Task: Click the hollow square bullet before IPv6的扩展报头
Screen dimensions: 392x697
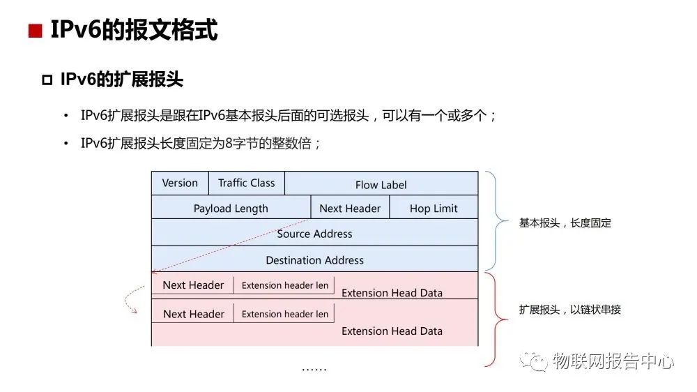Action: pyautogui.click(x=47, y=80)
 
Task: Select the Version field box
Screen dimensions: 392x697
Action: pyautogui.click(x=180, y=183)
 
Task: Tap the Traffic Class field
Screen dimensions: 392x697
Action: pyautogui.click(x=247, y=183)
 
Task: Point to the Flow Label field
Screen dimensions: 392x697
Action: pyautogui.click(x=381, y=185)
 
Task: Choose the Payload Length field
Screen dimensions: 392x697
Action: pyautogui.click(x=231, y=208)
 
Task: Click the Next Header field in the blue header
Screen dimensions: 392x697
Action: pyautogui.click(x=350, y=208)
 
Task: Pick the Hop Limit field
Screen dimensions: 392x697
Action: pyautogui.click(x=434, y=208)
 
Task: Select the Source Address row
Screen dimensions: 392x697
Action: pyautogui.click(x=314, y=234)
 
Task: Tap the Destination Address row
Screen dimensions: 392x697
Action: pyautogui.click(x=314, y=260)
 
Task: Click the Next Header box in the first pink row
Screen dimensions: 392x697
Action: pyautogui.click(x=193, y=285)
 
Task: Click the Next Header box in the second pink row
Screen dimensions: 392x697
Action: pyautogui.click(x=193, y=314)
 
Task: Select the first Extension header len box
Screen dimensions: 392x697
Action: pyautogui.click(x=284, y=285)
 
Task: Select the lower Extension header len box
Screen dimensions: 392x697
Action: pyautogui.click(x=284, y=314)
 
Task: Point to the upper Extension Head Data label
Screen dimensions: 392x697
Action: pyautogui.click(x=392, y=293)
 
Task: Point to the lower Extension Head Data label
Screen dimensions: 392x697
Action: pyautogui.click(x=392, y=331)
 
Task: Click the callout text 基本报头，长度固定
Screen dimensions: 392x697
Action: pyautogui.click(x=565, y=223)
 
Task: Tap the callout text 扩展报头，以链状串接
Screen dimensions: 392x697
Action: pyautogui.click(x=569, y=309)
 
